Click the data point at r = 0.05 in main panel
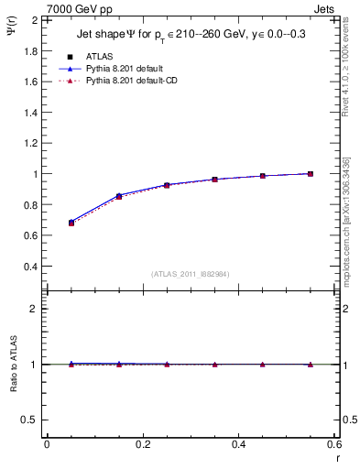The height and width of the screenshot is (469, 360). pos(71,223)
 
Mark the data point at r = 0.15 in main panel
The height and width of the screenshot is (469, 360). pos(119,196)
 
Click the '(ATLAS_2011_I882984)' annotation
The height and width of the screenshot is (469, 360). pos(191,274)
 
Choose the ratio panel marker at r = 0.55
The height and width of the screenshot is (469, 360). pos(311,364)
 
